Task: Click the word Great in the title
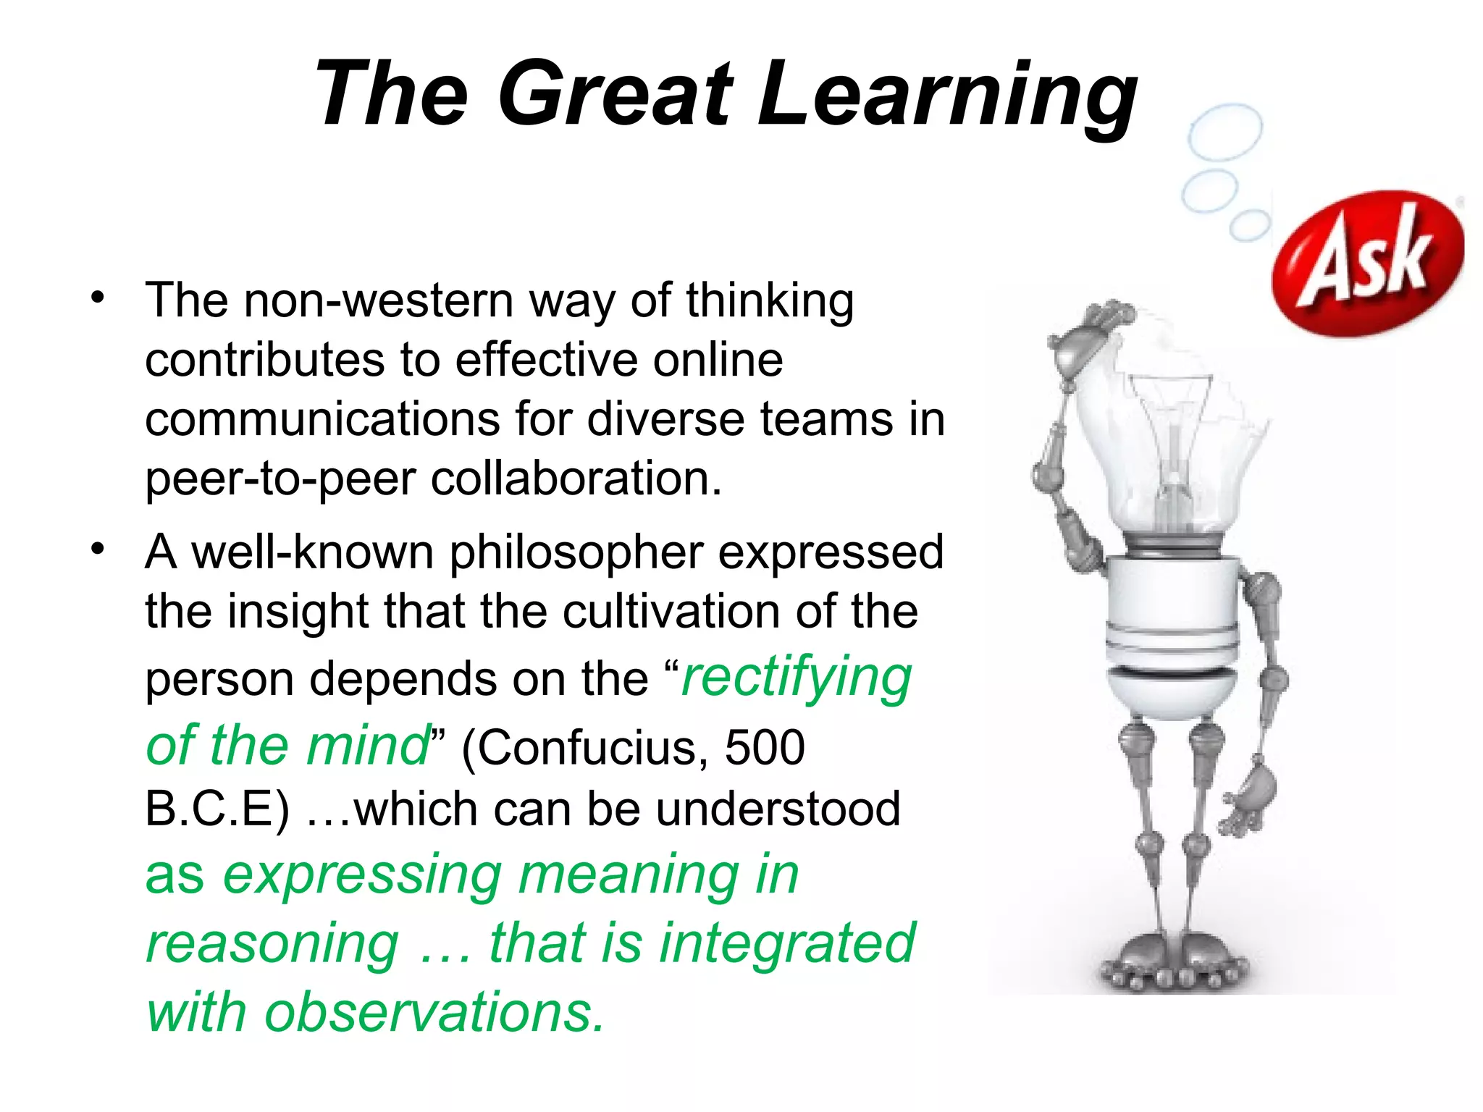point(616,94)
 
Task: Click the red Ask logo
point(1367,263)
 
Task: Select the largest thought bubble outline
point(1225,131)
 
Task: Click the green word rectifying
point(797,678)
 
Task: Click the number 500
point(765,747)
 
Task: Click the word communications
point(322,419)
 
